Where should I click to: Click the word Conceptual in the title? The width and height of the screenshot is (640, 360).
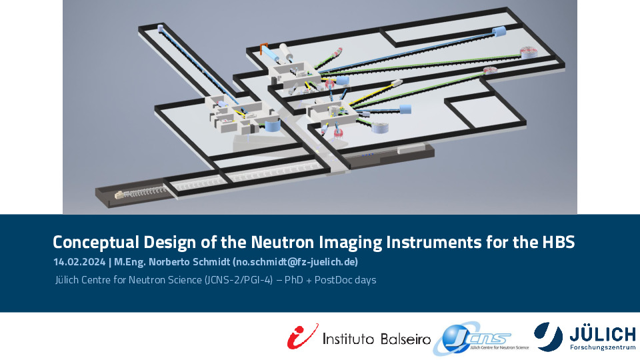tap(96, 242)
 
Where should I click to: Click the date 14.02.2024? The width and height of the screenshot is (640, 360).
tap(79, 262)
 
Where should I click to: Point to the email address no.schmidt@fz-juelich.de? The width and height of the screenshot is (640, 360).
tap(295, 262)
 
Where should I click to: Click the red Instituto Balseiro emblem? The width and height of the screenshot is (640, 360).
tap(303, 336)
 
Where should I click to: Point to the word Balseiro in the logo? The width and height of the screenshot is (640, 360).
tap(405, 339)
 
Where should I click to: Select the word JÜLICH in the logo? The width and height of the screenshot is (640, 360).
tap(603, 335)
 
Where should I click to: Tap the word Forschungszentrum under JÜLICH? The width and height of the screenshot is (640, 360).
tap(603, 348)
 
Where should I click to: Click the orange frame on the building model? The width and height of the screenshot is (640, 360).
tap(264, 49)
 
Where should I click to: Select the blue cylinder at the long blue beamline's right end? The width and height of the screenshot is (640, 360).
tap(499, 31)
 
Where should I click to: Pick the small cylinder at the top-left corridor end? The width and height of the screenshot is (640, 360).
tap(161, 28)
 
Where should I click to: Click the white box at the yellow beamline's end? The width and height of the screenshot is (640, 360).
tap(396, 83)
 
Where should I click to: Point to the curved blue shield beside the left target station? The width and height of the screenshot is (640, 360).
tap(271, 125)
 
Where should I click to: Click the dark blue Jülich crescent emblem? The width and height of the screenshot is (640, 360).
tap(549, 336)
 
